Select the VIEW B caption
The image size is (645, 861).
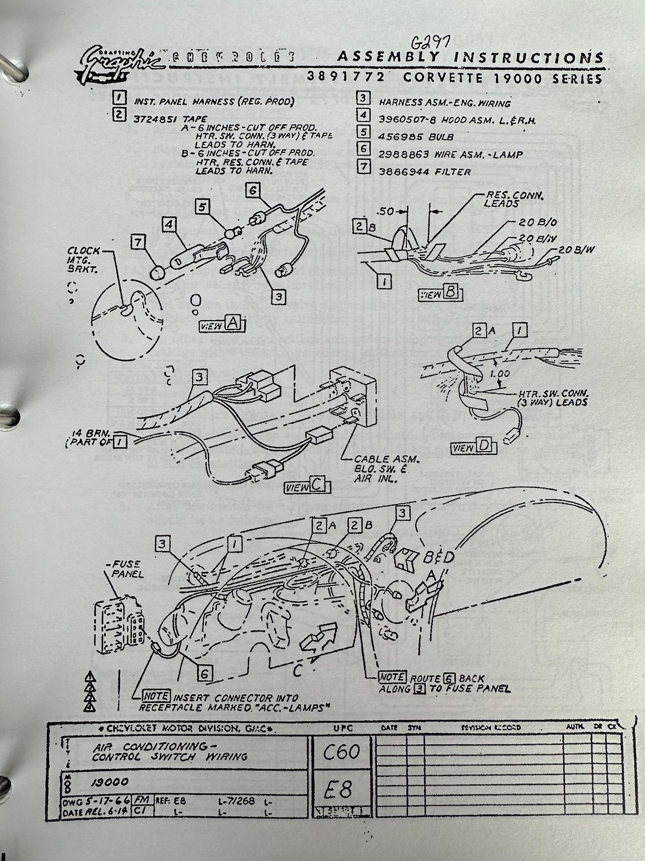pos(440,294)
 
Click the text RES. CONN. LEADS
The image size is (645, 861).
pos(504,199)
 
